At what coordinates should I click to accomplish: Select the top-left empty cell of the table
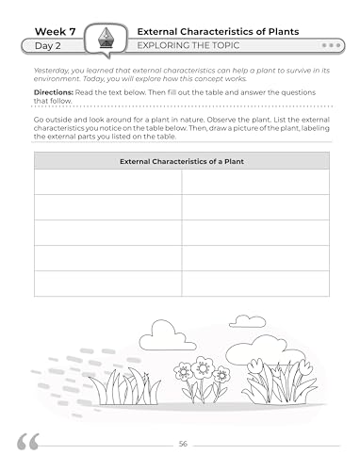107,182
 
